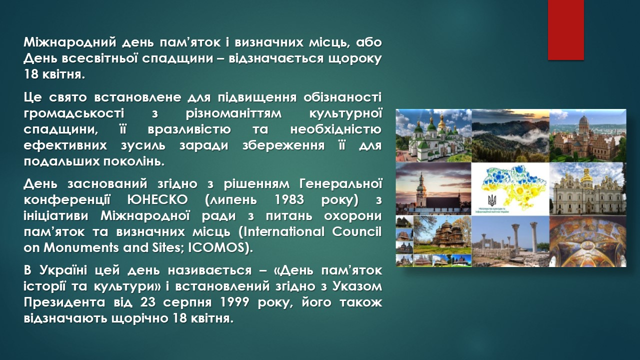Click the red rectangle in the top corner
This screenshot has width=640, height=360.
(565, 30)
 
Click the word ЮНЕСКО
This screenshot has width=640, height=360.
(157, 199)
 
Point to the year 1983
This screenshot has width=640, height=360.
(289, 199)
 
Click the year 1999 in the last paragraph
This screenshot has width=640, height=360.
(235, 302)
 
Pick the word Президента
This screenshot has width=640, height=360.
(64, 302)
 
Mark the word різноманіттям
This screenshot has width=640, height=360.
(233, 113)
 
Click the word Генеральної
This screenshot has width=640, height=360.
(340, 183)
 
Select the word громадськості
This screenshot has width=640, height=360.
(74, 113)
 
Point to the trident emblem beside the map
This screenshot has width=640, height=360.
(492, 201)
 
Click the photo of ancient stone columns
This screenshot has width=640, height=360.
(510, 241)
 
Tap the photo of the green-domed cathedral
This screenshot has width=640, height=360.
(433, 135)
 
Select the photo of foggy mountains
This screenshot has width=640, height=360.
(510, 135)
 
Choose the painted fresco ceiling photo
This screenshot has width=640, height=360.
(587, 241)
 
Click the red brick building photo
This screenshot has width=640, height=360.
(587, 135)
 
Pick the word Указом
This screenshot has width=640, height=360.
(357, 286)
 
